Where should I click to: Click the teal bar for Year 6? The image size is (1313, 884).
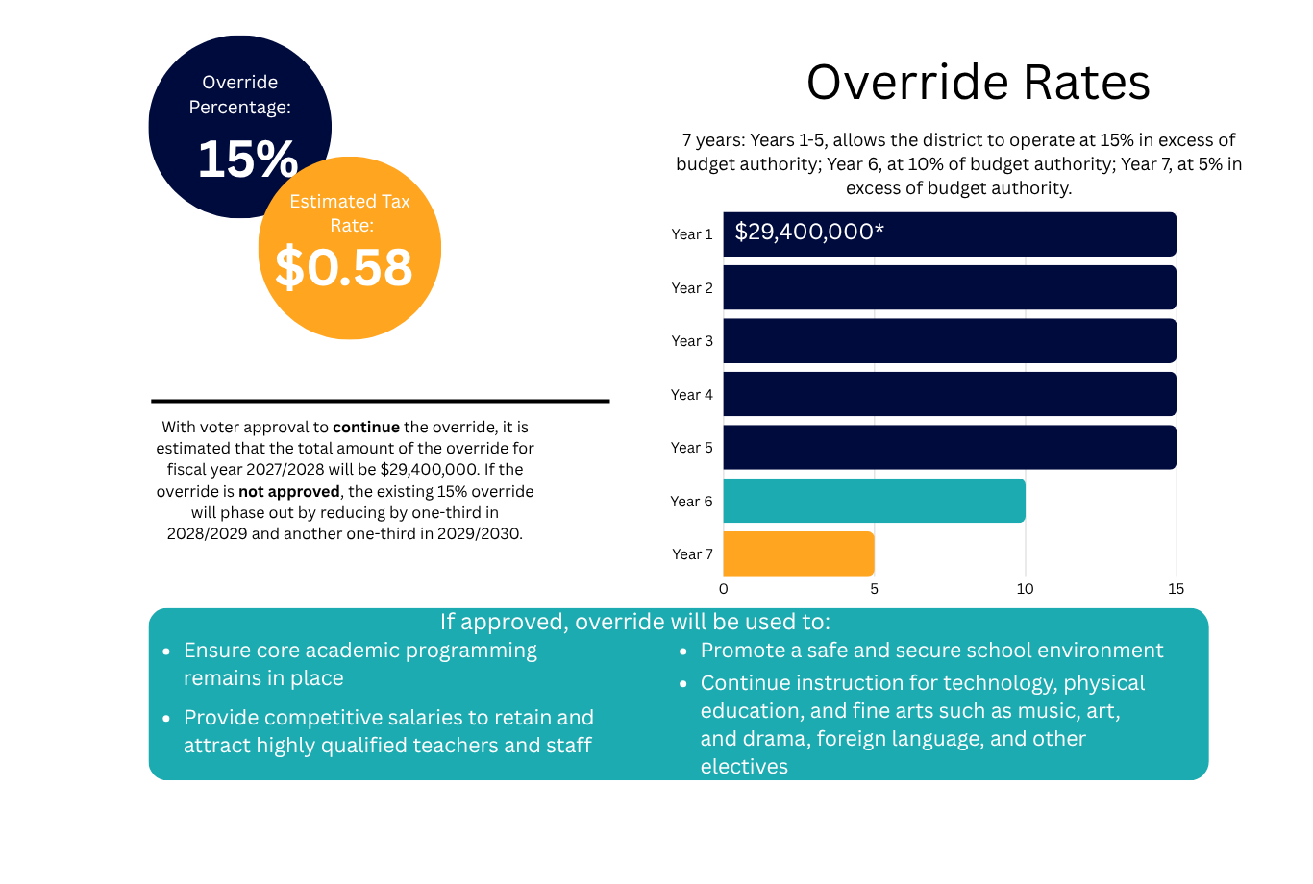(874, 501)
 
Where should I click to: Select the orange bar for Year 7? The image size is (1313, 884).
(799, 554)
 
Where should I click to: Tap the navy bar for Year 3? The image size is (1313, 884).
(950, 341)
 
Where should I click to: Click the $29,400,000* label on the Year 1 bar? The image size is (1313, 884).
(809, 232)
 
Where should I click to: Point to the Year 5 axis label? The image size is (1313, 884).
(692, 448)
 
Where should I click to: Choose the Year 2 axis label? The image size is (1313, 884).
(692, 288)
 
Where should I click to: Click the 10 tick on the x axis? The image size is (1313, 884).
(1025, 589)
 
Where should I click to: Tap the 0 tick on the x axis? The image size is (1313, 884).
(724, 589)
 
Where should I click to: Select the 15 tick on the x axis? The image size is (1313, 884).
(1176, 589)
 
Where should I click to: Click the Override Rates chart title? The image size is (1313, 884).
(979, 82)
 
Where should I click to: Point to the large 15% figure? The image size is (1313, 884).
(248, 159)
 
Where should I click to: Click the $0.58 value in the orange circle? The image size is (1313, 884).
(344, 267)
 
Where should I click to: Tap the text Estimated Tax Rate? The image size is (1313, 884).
(350, 213)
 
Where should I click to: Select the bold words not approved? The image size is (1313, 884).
(289, 491)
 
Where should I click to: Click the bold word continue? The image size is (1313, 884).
(366, 427)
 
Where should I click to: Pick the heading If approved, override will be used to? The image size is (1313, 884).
(635, 622)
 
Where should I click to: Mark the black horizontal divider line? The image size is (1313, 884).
(381, 402)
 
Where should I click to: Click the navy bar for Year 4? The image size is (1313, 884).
(950, 394)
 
